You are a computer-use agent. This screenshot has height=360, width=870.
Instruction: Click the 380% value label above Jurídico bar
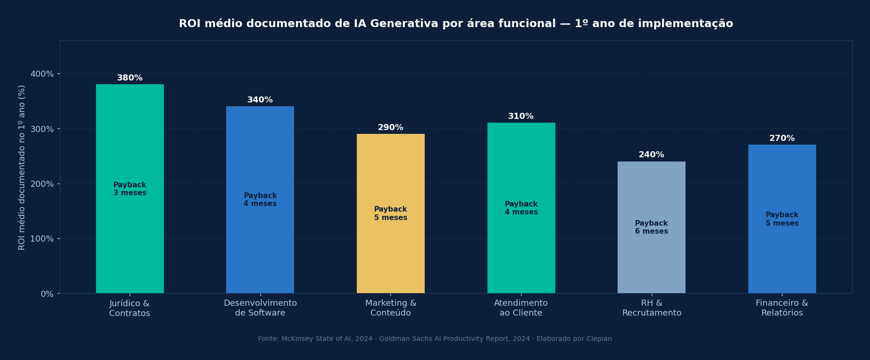129,78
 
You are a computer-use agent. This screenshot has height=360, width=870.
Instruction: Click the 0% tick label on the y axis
47,294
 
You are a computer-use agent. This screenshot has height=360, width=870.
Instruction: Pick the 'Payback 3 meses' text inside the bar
129,189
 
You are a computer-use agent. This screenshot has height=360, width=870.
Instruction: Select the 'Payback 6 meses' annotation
651,227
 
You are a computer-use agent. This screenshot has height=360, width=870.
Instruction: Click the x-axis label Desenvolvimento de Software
260,308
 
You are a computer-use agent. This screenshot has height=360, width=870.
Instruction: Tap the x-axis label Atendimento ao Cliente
520,308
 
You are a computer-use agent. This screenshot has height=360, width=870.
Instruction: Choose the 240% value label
651,155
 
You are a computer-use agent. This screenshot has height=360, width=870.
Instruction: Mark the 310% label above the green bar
520,116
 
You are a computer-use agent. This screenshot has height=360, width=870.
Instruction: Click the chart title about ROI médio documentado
456,24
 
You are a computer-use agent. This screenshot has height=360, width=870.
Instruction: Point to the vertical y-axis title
22,167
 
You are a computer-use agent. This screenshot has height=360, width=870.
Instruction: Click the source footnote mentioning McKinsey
434,339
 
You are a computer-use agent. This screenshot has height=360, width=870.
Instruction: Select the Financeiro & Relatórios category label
781,308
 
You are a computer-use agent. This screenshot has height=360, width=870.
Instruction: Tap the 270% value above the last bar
781,139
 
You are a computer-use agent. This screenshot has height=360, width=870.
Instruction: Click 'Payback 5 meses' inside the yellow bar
390,213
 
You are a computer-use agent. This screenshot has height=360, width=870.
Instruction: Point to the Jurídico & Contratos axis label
129,308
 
